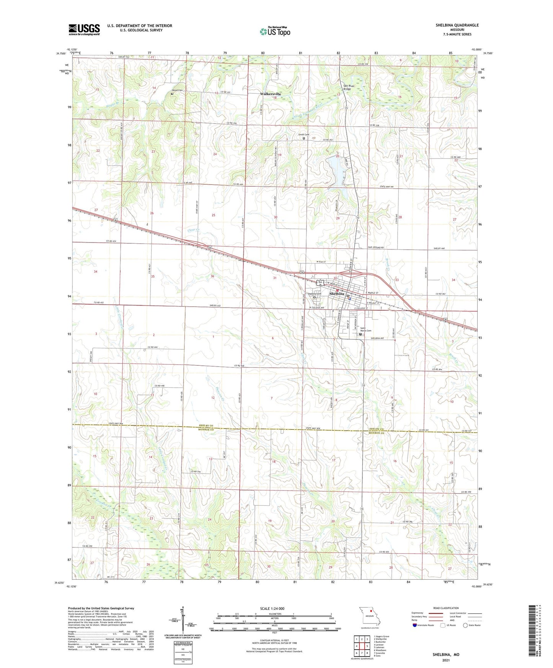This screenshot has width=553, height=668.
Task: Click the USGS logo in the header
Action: pos(84,29)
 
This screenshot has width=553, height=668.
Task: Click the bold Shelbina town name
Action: pos(337,293)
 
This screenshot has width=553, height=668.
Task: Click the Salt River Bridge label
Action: pos(347,87)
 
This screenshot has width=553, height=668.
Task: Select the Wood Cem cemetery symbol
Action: pos(172,94)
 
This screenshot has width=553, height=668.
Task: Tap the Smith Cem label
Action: pos(303,135)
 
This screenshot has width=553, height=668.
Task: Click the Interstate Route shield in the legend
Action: pos(415,625)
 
